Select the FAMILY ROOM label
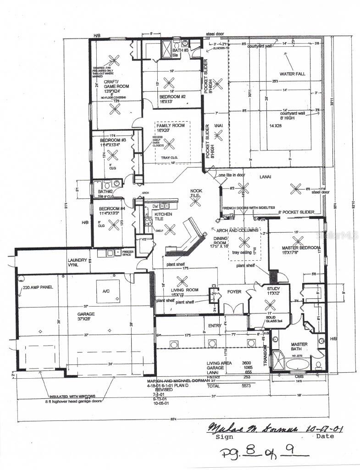[170, 125]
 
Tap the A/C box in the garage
[107, 291]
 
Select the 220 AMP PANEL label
[39, 287]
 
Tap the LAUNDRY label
[77, 260]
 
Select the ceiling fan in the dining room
[245, 241]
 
